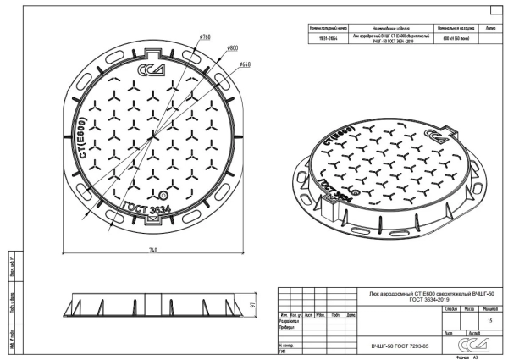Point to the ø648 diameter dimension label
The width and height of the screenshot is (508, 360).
pyautogui.click(x=244, y=64)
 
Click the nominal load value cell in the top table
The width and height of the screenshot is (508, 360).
pyautogui.click(x=456, y=39)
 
